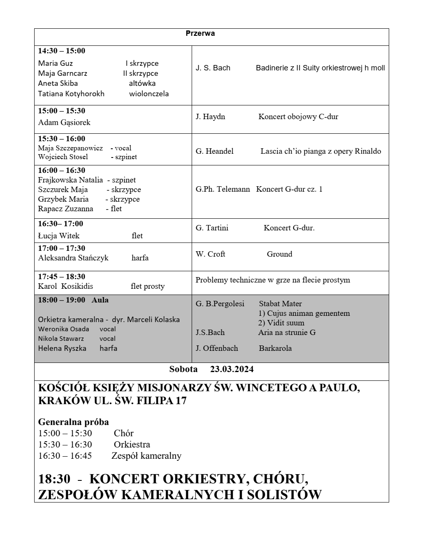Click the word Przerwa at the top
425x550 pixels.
point(200,33)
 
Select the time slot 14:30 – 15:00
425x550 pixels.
point(62,51)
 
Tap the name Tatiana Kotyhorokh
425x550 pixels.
point(71,94)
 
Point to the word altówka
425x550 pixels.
point(142,83)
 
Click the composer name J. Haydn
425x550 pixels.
point(210,117)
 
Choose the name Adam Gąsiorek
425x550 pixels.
point(64,122)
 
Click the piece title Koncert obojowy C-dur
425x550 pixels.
point(298,117)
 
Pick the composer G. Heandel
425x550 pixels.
point(215,151)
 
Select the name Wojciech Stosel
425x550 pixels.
point(63,157)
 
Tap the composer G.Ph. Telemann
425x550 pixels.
point(223,189)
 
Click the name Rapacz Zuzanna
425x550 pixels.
point(65,209)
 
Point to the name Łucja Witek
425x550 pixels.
point(59,236)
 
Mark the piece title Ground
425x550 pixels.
point(280,254)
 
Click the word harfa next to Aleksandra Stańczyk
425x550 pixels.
point(140,258)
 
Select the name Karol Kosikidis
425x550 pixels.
point(65,286)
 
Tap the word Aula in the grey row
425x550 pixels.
point(100,300)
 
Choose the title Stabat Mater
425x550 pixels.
point(280,304)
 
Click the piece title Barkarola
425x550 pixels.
point(275,348)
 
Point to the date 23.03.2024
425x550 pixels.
point(232,369)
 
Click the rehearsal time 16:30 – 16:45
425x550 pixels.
point(65,456)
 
